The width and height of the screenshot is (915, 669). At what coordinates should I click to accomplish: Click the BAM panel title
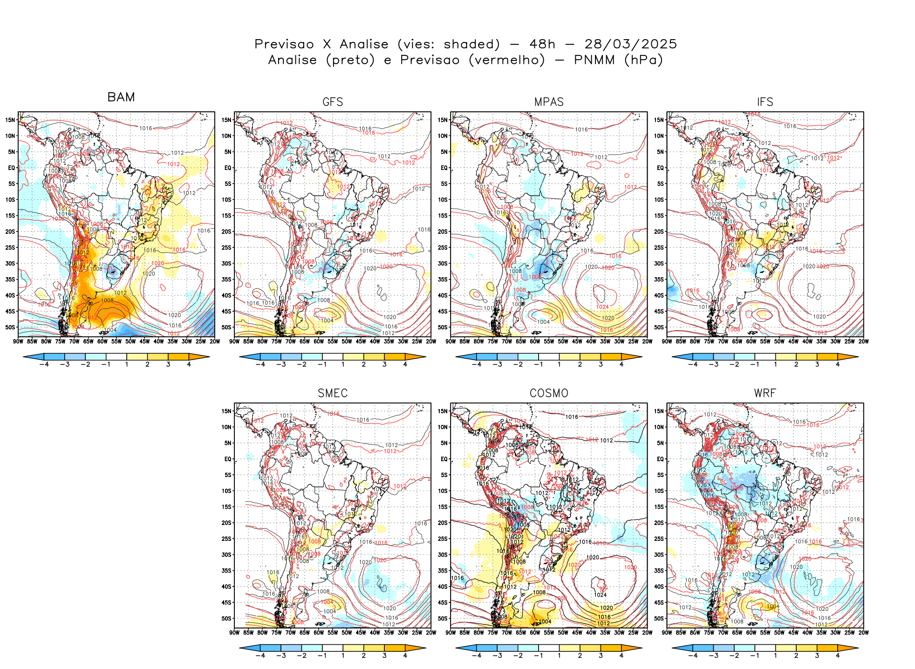121,97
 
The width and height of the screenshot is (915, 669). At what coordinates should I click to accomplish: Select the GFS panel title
333,102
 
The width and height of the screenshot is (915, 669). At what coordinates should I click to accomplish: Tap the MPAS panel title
549,102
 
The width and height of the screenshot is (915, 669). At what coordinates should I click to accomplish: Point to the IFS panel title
765,102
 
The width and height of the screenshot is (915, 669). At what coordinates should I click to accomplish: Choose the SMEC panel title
333,393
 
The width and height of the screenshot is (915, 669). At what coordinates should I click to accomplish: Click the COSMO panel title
549,393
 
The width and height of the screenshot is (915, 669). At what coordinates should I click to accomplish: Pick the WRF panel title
765,393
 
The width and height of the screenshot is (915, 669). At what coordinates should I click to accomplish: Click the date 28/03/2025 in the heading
630,44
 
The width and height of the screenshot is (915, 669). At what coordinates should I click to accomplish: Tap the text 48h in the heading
542,44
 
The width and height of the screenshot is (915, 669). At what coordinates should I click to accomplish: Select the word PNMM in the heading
594,60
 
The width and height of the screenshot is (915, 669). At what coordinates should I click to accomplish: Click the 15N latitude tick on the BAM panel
10,120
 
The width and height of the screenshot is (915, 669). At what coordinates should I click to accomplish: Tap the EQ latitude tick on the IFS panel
660,168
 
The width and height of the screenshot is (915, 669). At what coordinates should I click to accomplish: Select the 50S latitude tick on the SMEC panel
226,618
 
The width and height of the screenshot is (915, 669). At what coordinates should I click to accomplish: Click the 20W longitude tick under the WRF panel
863,633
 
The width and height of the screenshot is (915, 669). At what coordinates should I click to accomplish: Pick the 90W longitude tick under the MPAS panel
451,341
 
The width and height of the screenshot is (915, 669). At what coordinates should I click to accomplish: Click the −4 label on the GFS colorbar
260,364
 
